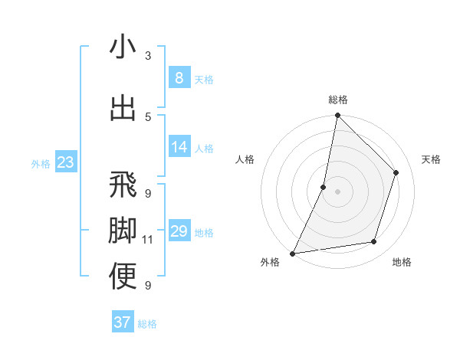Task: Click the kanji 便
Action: click(x=123, y=276)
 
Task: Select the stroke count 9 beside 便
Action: click(x=148, y=286)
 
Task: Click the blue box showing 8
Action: click(x=179, y=77)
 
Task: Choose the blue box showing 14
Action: click(x=179, y=146)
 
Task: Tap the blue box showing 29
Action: click(x=179, y=231)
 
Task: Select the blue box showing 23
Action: click(x=65, y=162)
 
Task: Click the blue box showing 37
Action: click(x=122, y=322)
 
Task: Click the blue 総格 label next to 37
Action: click(x=147, y=324)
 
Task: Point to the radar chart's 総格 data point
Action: click(x=337, y=115)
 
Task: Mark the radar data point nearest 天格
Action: click(x=396, y=172)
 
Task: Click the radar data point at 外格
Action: click(x=292, y=254)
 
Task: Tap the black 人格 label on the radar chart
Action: click(x=245, y=159)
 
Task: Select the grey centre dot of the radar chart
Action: click(x=337, y=191)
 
